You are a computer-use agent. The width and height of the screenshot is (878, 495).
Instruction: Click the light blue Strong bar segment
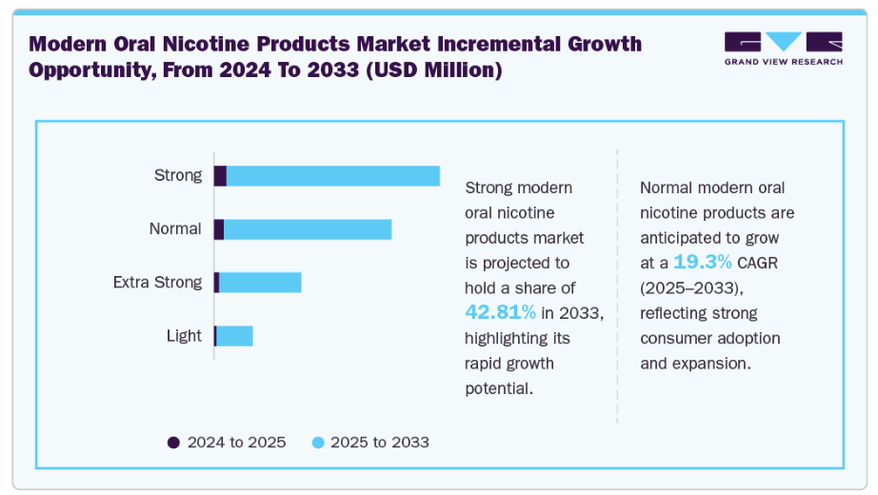333,176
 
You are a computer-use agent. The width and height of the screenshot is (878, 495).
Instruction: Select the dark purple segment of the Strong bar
220,176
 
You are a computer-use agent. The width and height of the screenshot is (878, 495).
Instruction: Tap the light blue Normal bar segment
308,229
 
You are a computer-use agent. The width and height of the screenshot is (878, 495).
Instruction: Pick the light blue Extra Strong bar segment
260,283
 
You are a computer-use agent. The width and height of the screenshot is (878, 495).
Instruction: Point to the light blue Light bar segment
235,336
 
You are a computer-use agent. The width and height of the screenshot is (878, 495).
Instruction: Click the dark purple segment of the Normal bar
219,229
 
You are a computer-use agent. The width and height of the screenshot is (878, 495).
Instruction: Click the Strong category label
178,175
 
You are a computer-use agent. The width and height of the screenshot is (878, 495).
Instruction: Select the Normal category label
175,228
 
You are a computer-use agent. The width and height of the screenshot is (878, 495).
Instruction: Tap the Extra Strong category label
157,282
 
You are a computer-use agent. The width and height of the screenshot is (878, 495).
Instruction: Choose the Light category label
184,335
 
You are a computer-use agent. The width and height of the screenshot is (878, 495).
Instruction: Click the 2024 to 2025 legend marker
173,443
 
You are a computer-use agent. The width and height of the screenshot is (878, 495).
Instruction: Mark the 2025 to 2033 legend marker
318,443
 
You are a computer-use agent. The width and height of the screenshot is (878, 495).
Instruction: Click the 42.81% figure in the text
500,312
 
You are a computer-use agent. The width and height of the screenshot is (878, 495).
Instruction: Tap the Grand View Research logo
783,48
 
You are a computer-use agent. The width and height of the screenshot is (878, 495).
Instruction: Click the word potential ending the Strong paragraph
497,389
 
